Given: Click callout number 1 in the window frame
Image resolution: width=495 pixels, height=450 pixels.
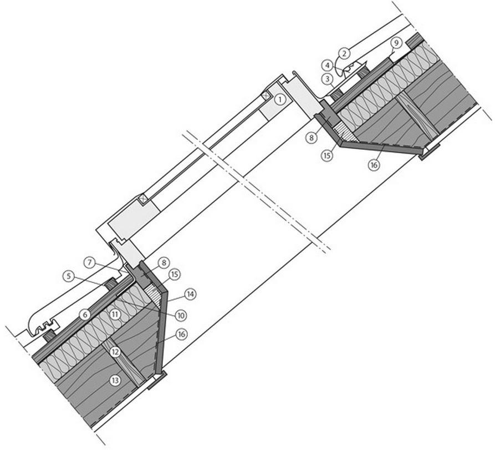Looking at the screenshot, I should click(x=281, y=100).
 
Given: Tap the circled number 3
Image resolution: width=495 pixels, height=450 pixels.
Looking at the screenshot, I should click(x=328, y=79).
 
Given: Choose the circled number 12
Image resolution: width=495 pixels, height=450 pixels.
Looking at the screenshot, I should click(x=115, y=351).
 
